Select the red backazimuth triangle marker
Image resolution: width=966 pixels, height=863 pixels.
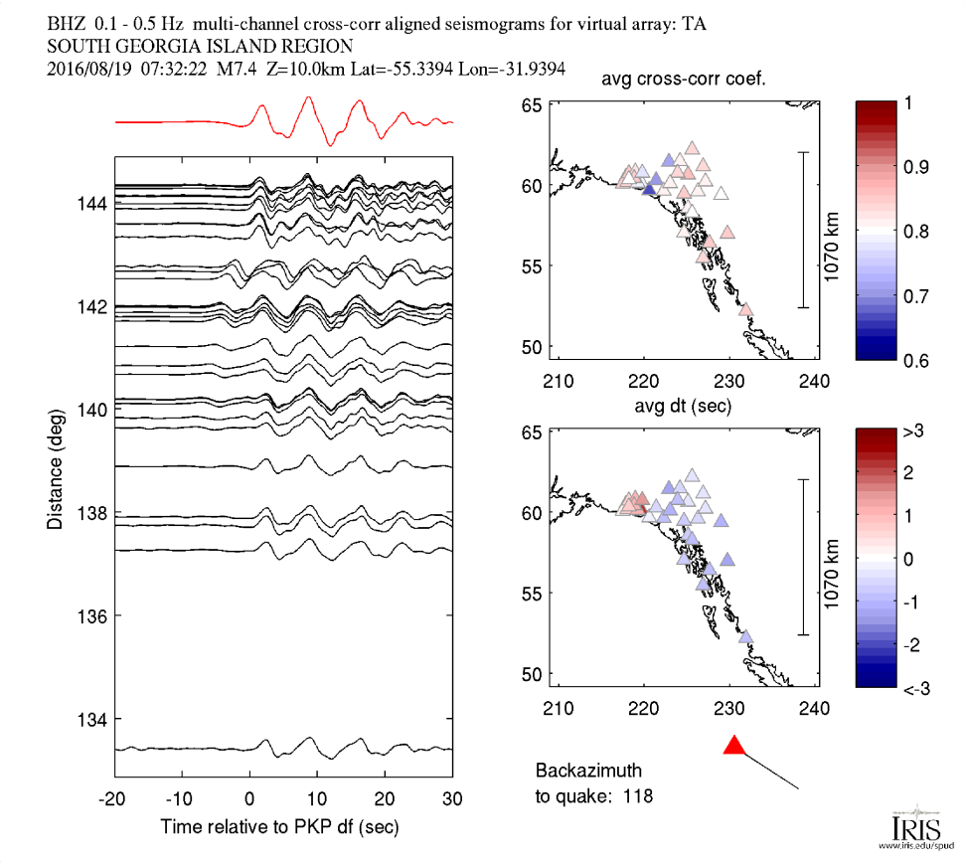click(x=734, y=745)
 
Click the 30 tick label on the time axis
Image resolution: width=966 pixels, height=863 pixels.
click(x=452, y=797)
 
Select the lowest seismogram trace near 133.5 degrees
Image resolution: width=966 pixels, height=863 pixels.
click(x=283, y=748)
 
